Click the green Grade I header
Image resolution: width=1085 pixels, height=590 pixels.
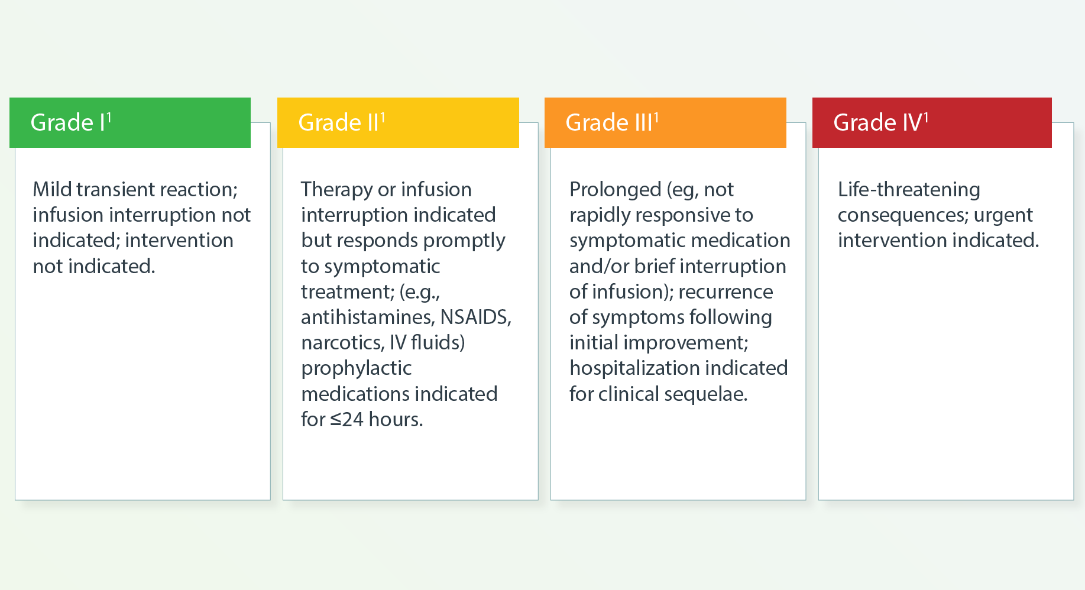coord(130,122)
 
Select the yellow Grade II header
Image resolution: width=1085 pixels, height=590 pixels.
coord(398,122)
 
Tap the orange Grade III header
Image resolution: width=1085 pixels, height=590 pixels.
coord(665,122)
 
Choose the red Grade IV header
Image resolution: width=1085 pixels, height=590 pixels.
coord(932,122)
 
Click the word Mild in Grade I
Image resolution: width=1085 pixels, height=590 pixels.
coord(52,189)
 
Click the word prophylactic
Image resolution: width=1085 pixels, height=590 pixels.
coord(357,369)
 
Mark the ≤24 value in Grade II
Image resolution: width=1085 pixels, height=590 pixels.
coord(347,419)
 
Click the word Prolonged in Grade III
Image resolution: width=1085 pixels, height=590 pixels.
coord(616,190)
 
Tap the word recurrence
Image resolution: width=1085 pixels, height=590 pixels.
coord(726,292)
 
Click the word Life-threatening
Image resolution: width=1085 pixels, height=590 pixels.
coord(909,190)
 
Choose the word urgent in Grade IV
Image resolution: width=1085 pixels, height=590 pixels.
coord(1003,216)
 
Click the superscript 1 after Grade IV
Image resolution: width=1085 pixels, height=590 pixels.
coord(926,117)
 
